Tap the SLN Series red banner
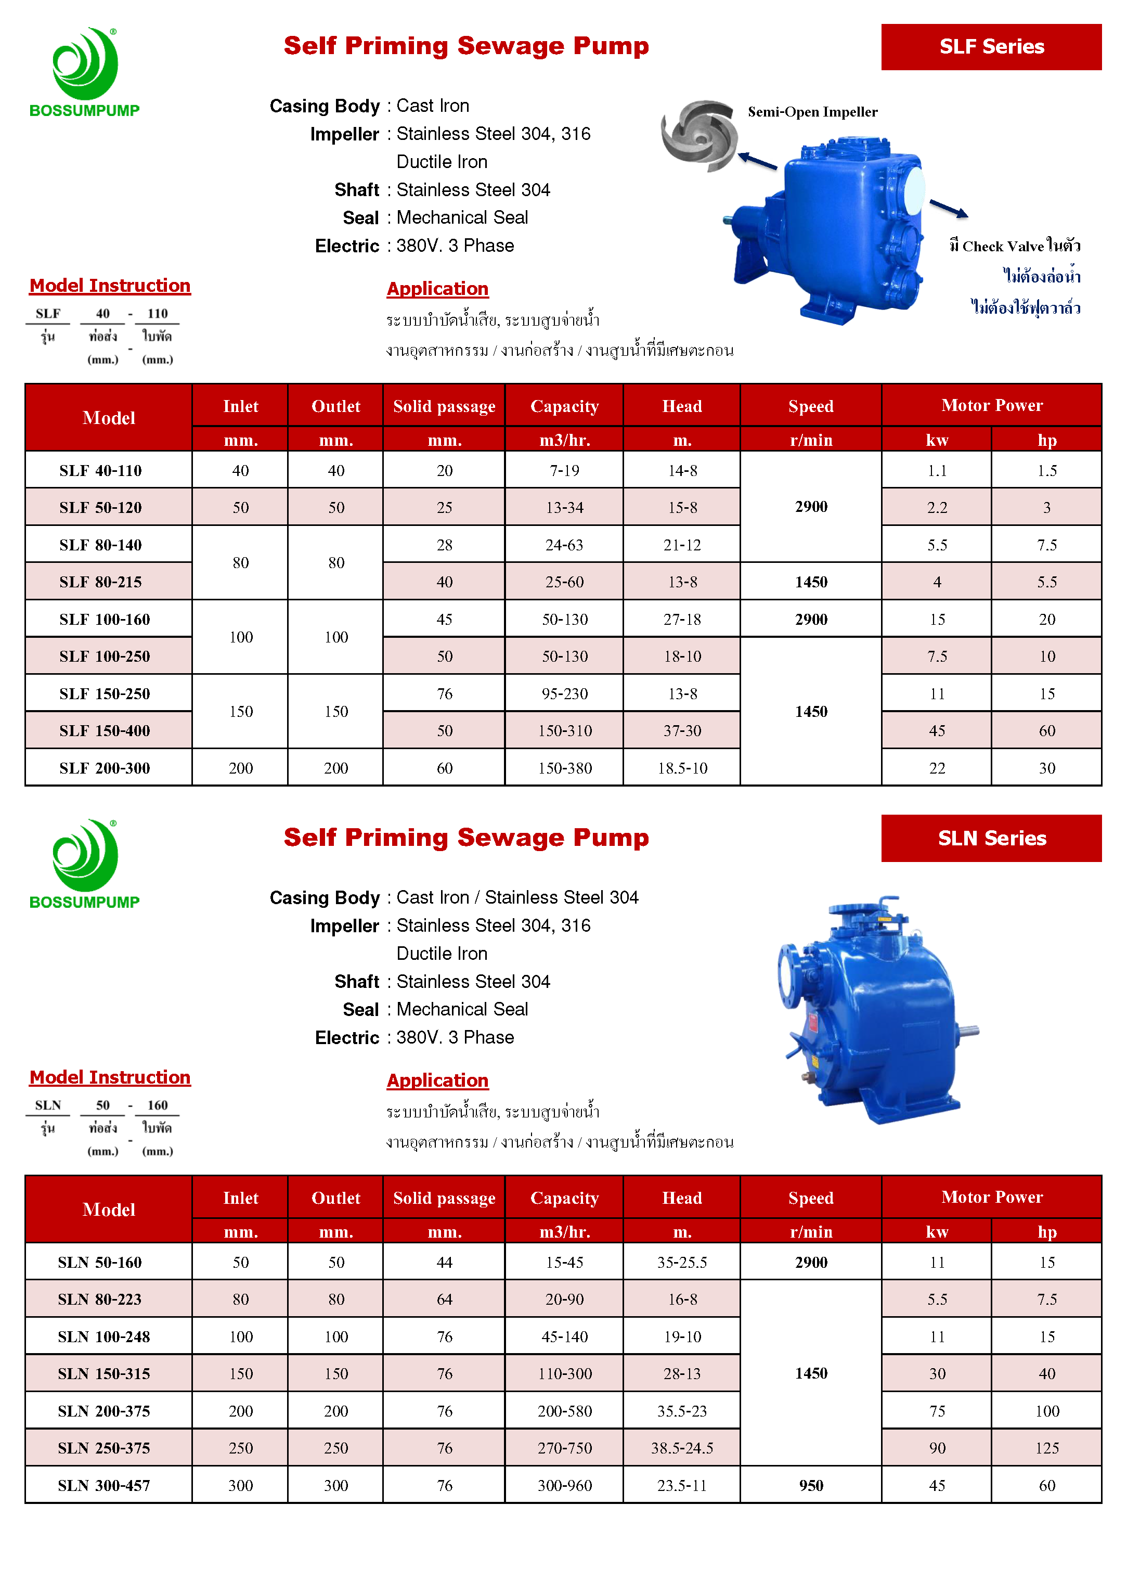tap(990, 838)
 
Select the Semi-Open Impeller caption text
tap(812, 112)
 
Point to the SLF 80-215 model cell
tap(100, 582)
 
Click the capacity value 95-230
tap(564, 693)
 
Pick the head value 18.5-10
tap(682, 768)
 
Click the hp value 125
tap(1046, 1447)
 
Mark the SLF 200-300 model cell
tap(105, 768)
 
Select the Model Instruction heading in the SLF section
tap(110, 285)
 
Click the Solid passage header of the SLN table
tap(444, 1198)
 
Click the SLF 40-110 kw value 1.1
tap(937, 471)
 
